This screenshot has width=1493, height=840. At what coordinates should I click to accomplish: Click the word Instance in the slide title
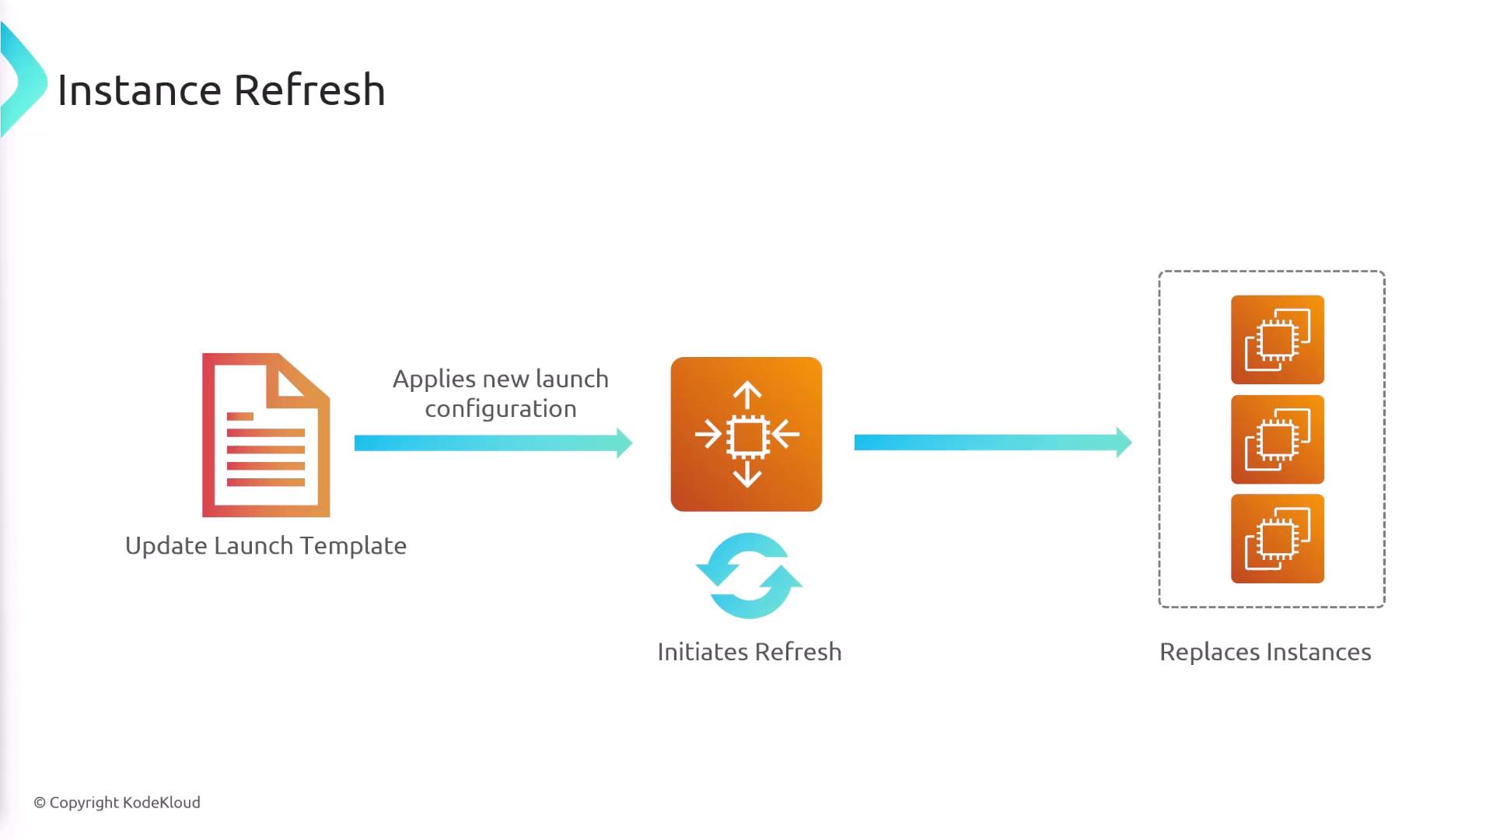click(x=139, y=90)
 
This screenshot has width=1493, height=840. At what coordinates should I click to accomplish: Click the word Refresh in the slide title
click(x=309, y=90)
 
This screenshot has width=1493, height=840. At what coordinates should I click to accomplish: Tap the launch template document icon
click(x=266, y=435)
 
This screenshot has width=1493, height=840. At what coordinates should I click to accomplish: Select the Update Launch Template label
click(x=265, y=546)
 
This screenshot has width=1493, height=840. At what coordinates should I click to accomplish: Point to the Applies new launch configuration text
click(x=500, y=394)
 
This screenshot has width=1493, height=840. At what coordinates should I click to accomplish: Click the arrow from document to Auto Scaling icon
click(x=493, y=443)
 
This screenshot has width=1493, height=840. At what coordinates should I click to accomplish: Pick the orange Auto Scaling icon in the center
click(x=746, y=434)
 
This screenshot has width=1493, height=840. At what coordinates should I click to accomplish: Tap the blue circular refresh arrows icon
click(x=749, y=576)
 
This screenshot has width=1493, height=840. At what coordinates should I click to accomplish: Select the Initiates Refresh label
click(x=749, y=652)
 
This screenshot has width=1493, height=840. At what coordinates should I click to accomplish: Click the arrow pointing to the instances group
click(x=992, y=443)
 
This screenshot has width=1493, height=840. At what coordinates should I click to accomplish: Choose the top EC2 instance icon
click(x=1277, y=339)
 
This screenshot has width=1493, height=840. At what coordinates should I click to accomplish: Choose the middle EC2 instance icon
click(x=1277, y=439)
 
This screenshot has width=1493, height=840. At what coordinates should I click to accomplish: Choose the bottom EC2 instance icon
click(x=1277, y=538)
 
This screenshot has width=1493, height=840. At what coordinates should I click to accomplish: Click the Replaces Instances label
click(x=1264, y=652)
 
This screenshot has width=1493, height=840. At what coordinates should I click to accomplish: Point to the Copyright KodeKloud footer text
click(x=117, y=803)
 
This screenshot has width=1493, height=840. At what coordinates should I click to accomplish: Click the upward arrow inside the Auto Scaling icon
click(x=747, y=394)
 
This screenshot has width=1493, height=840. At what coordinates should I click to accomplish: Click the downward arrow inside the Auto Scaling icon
click(x=747, y=474)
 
